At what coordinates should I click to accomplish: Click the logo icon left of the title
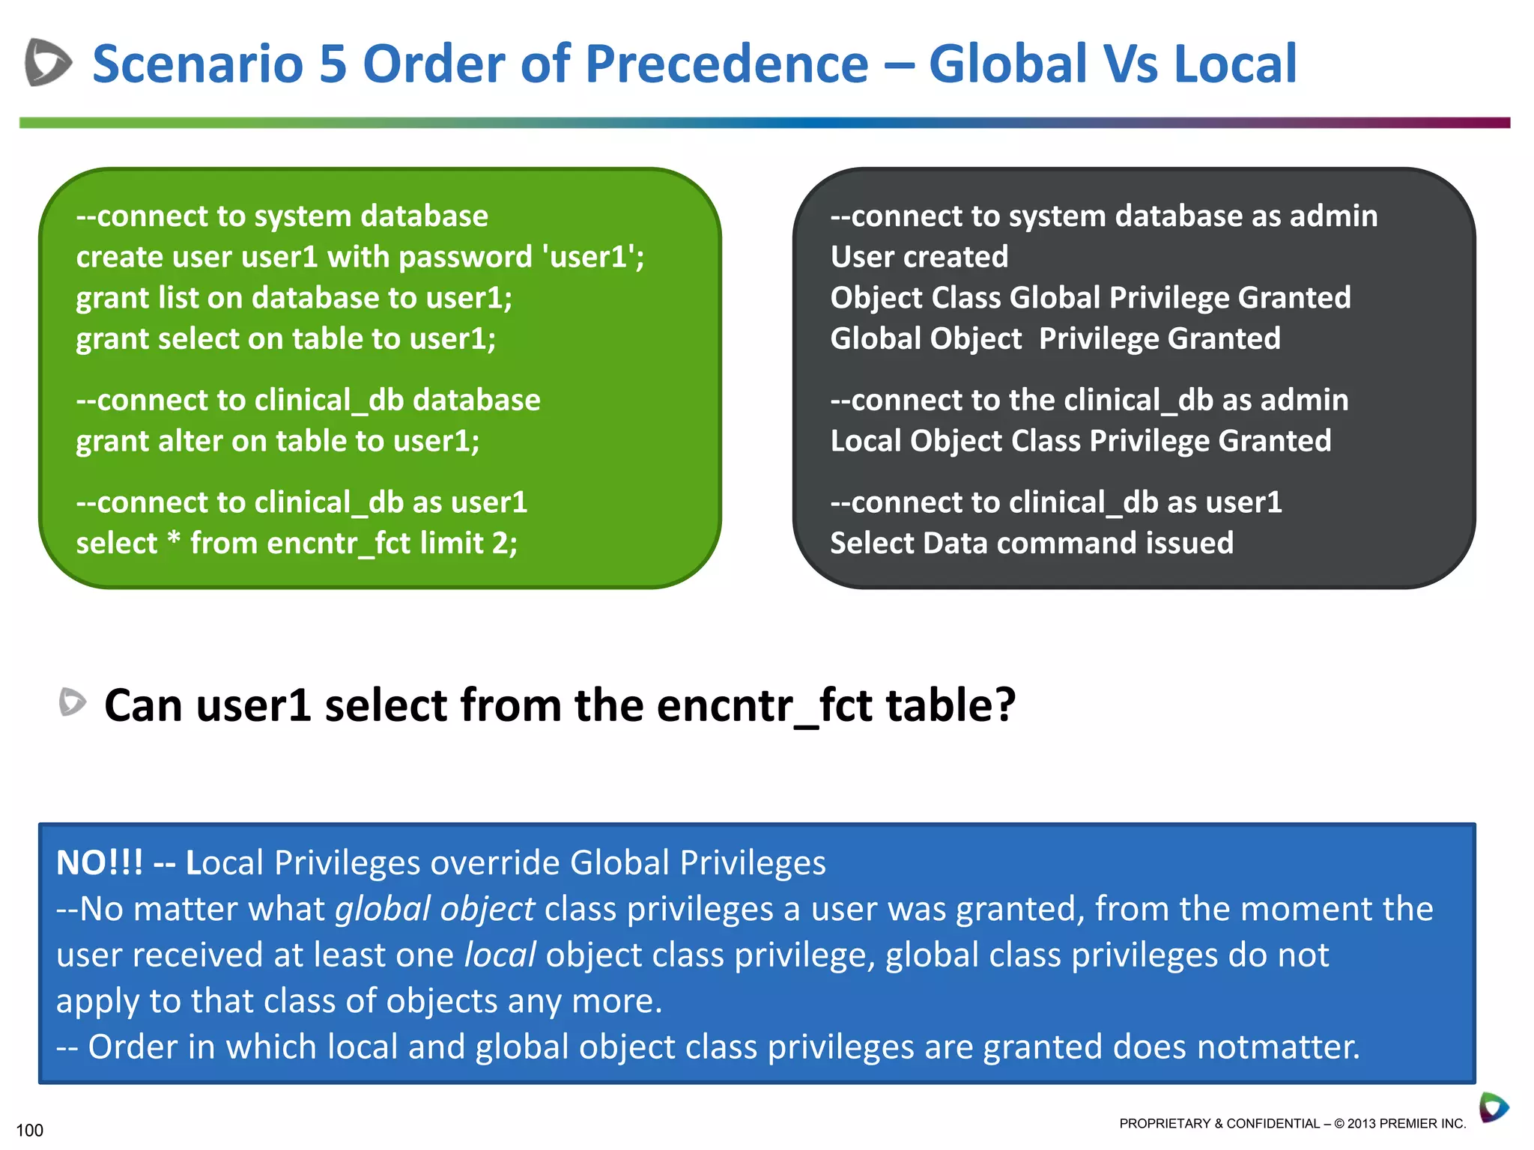48,62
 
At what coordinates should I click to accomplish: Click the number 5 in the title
333,64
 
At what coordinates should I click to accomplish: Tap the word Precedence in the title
727,64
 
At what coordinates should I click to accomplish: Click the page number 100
29,1130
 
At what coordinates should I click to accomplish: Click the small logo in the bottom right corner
1494,1107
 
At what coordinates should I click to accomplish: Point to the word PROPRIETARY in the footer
1165,1123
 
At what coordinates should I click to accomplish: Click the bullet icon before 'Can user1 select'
73,702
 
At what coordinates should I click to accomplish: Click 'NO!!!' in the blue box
100,863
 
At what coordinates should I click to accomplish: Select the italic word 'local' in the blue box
500,955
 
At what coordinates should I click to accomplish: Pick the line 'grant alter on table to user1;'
278,441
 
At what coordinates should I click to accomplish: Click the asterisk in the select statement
174,539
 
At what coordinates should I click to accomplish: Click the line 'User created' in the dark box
919,257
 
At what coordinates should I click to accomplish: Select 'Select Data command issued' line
1031,544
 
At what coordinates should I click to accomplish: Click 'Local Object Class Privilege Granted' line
1080,441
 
